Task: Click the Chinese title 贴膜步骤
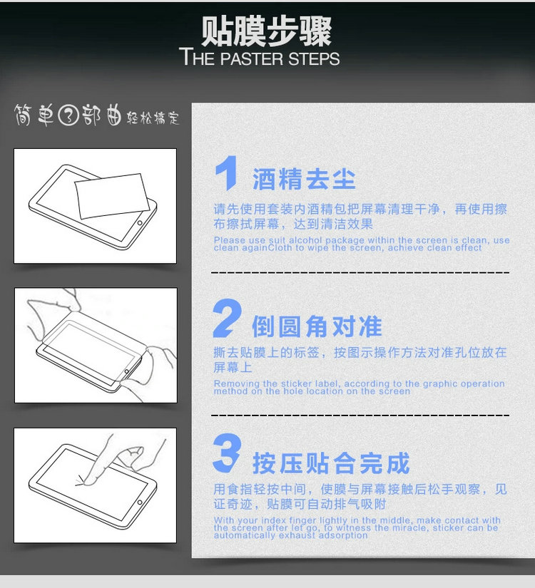(x=266, y=31)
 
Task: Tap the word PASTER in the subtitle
(x=252, y=59)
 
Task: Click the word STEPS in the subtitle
(x=314, y=59)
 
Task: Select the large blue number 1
(x=227, y=173)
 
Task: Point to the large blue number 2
(x=227, y=318)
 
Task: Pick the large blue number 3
(x=227, y=453)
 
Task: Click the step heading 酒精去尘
(x=304, y=179)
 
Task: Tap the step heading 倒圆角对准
(x=317, y=326)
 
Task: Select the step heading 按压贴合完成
(x=331, y=463)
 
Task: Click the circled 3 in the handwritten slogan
(x=68, y=115)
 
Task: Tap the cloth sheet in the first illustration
(x=111, y=196)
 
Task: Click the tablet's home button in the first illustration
(x=140, y=223)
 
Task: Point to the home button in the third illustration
(x=140, y=502)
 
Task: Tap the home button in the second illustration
(x=127, y=371)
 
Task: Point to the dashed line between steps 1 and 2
(x=360, y=272)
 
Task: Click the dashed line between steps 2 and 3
(x=360, y=415)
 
